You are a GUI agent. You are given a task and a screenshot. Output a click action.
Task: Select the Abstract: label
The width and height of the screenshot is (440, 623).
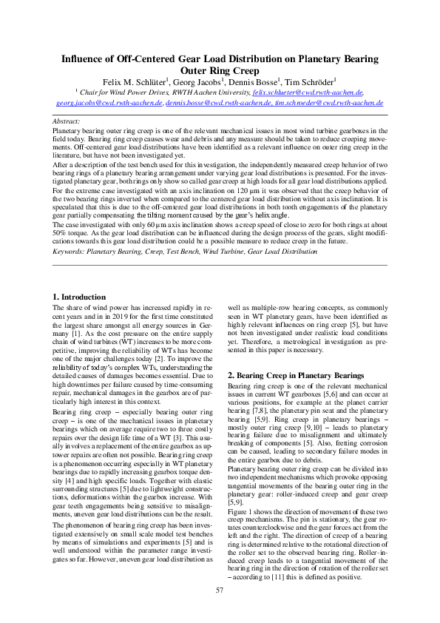click(x=67, y=120)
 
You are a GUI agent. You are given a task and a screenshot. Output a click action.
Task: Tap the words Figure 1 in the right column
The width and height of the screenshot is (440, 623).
click(x=242, y=471)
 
